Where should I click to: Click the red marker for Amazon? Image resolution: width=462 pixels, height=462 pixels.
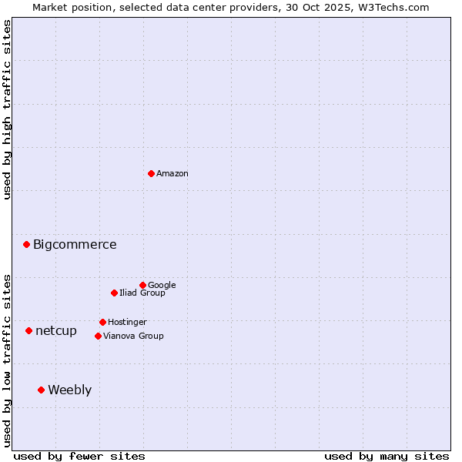151,173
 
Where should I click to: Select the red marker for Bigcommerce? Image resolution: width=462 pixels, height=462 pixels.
26,244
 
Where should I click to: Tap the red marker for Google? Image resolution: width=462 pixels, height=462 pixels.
142,285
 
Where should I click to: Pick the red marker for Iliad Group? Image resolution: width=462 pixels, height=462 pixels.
114,293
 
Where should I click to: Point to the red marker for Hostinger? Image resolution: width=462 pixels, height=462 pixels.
102,322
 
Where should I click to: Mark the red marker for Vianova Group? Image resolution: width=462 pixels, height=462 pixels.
98,336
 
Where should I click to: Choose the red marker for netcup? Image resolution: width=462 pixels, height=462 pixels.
28,330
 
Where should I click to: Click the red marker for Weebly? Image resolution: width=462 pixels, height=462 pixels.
41,390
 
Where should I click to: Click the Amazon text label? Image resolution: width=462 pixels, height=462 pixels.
172,174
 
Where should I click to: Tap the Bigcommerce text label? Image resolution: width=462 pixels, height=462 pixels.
75,245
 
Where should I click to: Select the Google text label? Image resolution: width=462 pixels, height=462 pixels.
162,285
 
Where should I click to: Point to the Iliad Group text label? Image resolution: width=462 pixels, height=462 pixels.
142,293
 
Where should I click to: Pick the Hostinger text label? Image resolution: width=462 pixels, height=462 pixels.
127,322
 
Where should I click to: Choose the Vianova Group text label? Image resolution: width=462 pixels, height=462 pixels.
133,336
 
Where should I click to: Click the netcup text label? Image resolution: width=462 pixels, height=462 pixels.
56,331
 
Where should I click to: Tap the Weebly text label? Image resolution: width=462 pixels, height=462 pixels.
69,390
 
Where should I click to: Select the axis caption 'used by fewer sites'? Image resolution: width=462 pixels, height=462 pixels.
79,456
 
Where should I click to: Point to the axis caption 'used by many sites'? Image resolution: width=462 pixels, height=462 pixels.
387,456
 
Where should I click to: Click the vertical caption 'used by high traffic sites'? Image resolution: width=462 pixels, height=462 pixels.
7,109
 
